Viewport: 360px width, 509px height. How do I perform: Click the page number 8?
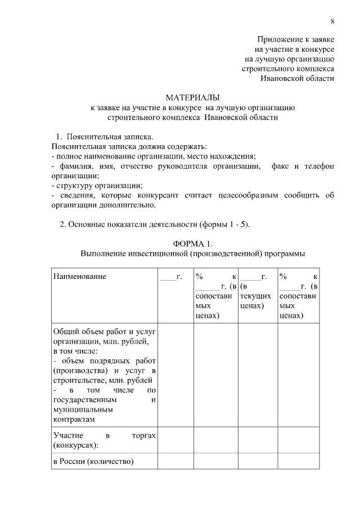pos(332,21)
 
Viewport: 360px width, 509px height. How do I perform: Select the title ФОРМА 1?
pos(193,244)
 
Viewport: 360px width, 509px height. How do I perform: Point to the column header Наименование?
pos(79,276)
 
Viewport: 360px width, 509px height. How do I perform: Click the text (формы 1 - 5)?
pos(225,224)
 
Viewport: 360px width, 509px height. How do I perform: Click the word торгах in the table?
pos(142,435)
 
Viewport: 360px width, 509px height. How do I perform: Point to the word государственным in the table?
pos(85,399)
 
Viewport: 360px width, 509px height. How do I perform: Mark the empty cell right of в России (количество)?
pos(175,462)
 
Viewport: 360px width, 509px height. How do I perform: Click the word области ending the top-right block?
pos(319,78)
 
